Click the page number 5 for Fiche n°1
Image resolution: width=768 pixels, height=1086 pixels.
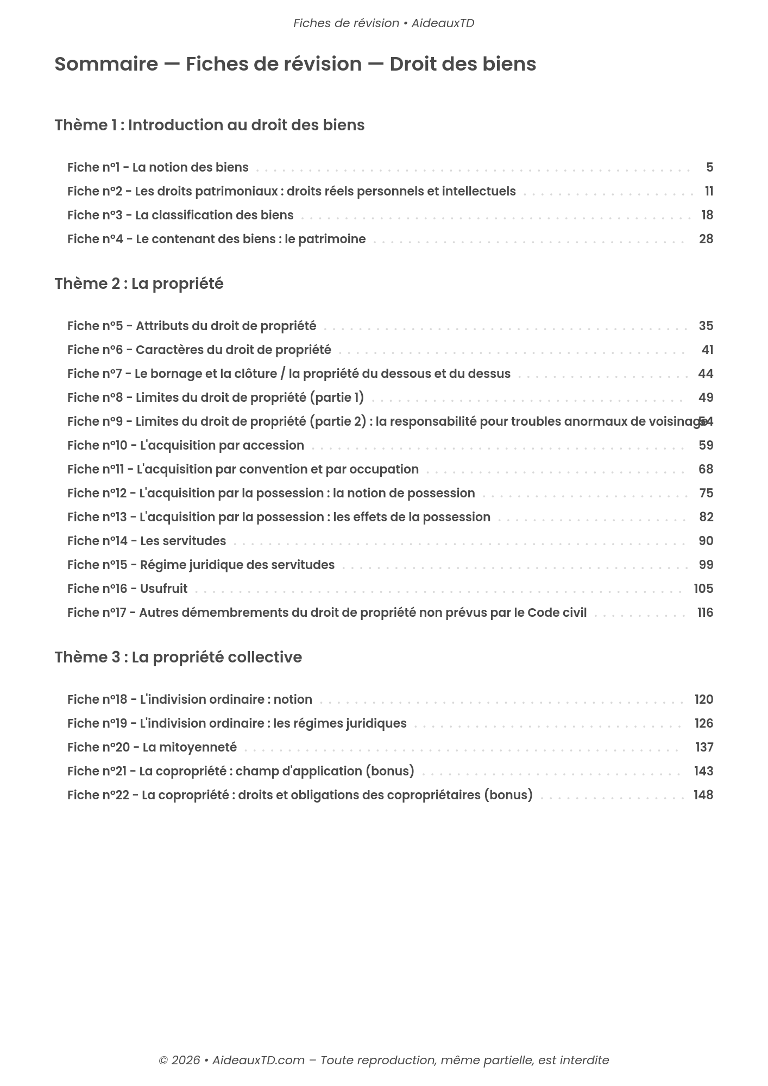[709, 168]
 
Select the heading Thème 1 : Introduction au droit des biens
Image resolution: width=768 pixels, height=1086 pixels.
[209, 125]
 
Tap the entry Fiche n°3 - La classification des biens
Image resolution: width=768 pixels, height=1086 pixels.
[180, 216]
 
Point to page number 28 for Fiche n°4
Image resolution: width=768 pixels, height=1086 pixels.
[706, 239]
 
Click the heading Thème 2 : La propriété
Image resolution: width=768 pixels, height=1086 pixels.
[139, 284]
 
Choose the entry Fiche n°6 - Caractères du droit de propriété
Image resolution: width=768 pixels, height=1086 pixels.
[199, 350]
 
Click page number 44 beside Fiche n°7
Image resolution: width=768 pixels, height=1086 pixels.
[706, 374]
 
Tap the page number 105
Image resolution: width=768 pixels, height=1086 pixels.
[703, 589]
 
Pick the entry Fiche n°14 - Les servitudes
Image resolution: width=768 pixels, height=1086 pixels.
[146, 541]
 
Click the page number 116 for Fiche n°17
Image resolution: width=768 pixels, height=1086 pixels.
[705, 613]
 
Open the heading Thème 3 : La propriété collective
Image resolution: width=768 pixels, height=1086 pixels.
[178, 658]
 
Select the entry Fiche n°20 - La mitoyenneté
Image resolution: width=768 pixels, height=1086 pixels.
[152, 748]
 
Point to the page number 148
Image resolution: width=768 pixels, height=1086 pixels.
[703, 795]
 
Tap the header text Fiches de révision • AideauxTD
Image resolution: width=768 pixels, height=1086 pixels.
[383, 23]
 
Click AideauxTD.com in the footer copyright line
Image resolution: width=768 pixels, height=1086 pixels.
[258, 1060]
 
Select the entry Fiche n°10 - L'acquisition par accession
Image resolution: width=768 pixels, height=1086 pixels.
[185, 446]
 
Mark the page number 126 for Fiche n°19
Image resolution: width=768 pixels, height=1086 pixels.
[703, 724]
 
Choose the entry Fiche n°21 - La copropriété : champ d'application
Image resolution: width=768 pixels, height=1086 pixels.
[240, 772]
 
